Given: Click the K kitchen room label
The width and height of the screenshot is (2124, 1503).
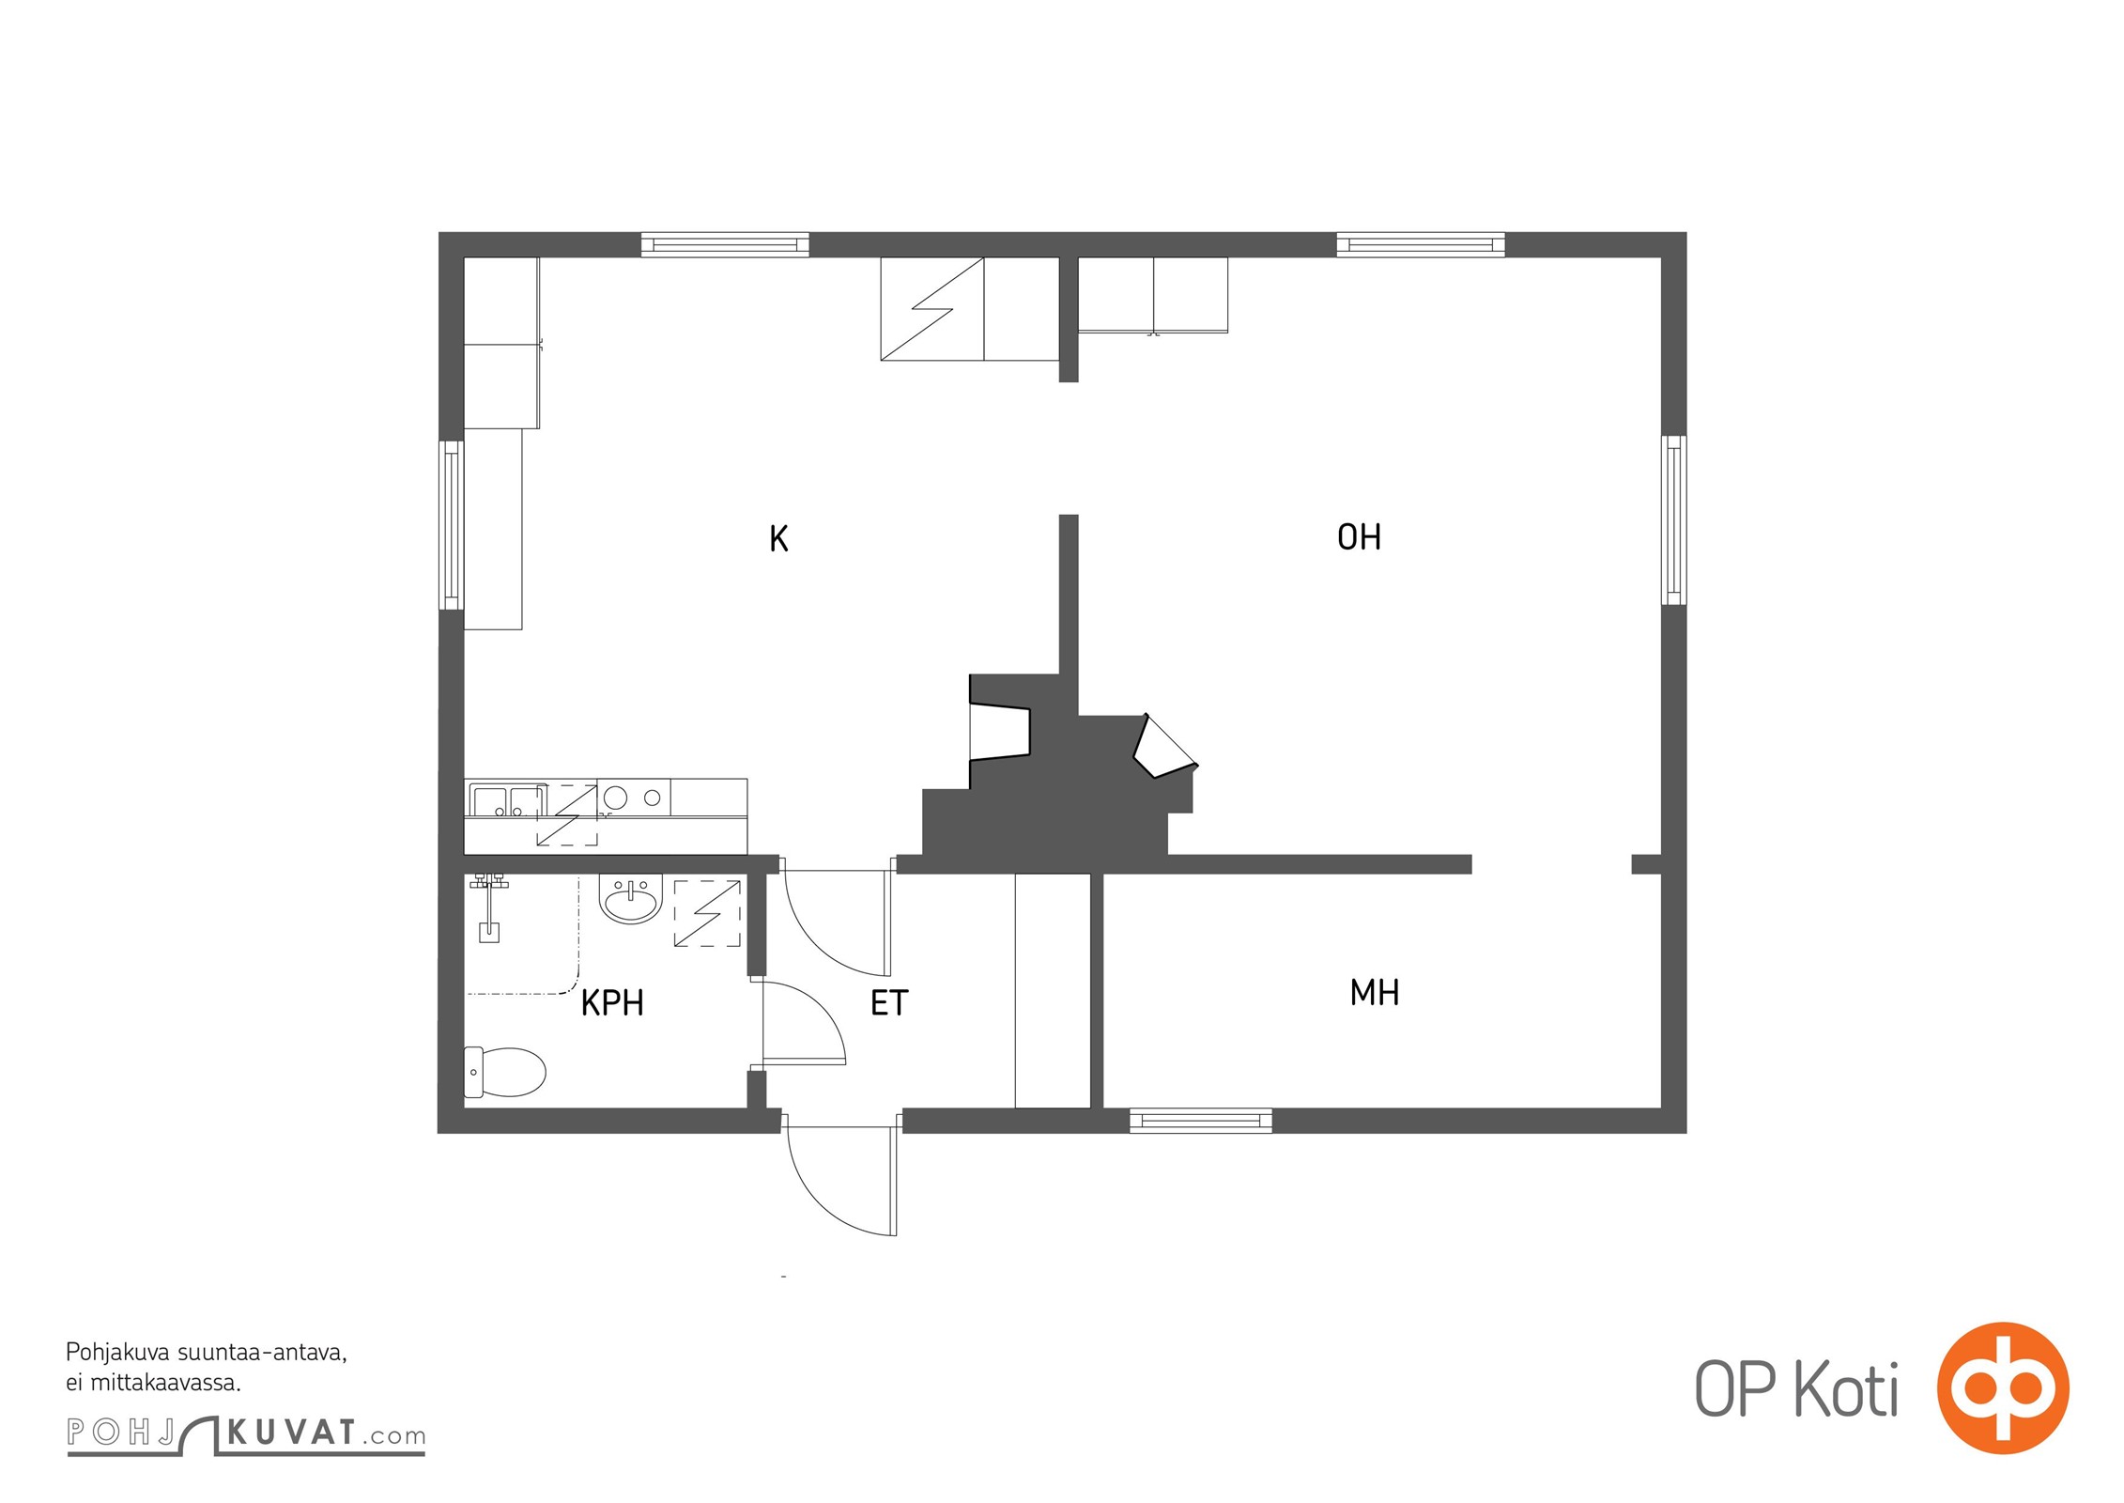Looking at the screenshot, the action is pos(778,538).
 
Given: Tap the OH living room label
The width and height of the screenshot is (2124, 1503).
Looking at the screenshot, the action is pos(1359,537).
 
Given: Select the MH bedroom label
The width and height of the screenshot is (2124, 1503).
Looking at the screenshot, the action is pos(1375,993).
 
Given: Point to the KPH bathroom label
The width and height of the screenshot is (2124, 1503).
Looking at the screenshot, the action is pos(612,1003).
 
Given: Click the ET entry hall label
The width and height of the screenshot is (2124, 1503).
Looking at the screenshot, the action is pos(889,1003).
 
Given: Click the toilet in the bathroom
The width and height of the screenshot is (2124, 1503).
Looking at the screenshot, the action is pos(505,1072).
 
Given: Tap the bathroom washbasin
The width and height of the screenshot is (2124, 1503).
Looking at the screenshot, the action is pos(631,900).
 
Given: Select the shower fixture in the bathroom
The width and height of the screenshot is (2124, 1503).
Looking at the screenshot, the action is pos(489,906).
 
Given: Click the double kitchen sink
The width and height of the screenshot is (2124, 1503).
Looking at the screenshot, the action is pos(508,800).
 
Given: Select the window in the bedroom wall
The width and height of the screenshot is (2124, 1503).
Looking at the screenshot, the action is pos(1201,1121).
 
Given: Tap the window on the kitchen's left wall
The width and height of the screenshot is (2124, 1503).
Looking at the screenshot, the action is pos(452,525).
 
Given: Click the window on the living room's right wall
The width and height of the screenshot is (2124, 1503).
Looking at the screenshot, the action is pos(1673,519).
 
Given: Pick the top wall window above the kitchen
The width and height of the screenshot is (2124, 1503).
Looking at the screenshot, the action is pos(725,245).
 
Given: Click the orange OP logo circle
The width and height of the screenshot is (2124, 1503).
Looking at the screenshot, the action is pos(2003,1387).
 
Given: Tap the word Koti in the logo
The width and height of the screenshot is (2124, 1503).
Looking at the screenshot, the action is pos(1847,1389).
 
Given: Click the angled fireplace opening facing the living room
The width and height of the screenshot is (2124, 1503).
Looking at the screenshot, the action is pos(1164,748).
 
